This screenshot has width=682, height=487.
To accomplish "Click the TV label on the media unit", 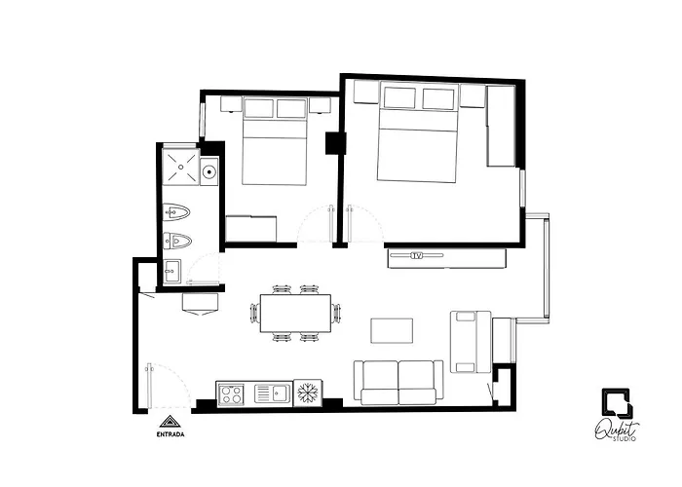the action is click(417, 255).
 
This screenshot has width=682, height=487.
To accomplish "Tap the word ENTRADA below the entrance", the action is click(170, 434).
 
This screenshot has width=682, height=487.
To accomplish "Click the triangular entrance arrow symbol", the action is click(170, 422).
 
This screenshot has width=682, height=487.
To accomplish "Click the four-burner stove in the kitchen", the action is click(231, 393).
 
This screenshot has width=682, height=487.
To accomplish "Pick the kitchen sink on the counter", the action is click(272, 393).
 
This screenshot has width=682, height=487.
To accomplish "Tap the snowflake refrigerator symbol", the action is click(308, 393).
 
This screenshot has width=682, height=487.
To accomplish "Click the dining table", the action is click(295, 313).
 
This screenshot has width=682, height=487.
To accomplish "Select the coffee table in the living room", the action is click(392, 330).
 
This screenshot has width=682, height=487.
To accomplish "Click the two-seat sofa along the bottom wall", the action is click(398, 383).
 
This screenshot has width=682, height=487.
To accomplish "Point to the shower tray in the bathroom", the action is click(181, 167).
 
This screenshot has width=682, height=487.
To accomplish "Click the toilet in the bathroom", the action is click(176, 212).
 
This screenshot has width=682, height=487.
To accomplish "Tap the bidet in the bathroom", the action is click(177, 240).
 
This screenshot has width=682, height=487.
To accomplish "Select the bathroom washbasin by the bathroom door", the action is click(172, 272).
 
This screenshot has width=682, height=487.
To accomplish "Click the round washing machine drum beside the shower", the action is click(209, 171).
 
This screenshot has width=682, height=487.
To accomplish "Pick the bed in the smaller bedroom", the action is click(275, 141).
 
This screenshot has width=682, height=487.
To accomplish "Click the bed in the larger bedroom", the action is click(418, 132).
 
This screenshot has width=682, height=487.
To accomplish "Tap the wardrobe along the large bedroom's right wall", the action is click(501, 126).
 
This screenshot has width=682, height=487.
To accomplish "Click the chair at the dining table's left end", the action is click(253, 313).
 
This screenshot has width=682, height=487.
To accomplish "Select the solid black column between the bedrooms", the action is click(336, 143).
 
